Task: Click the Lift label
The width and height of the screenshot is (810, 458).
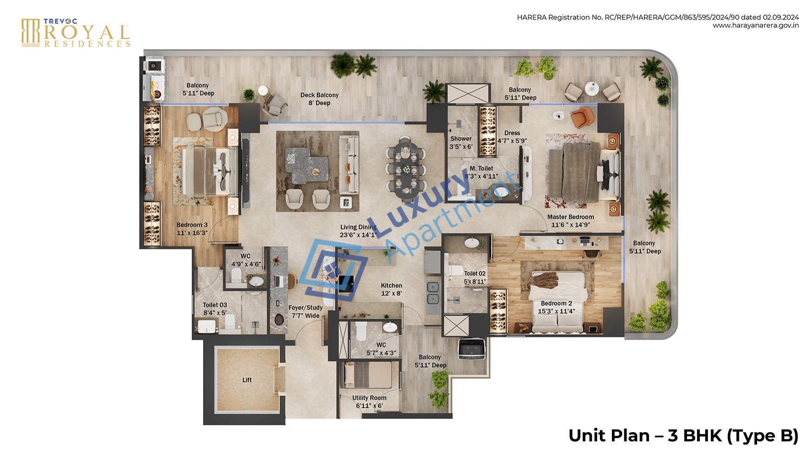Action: pyautogui.click(x=247, y=380)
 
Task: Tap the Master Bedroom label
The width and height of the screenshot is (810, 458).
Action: pyautogui.click(x=570, y=217)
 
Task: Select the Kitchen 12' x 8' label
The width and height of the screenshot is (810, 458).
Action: pyautogui.click(x=391, y=289)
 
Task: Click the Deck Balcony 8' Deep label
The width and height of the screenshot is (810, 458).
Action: pyautogui.click(x=319, y=99)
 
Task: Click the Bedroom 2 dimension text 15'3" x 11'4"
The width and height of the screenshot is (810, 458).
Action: pyautogui.click(x=556, y=311)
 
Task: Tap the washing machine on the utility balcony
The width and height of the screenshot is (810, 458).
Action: pyautogui.click(x=471, y=349)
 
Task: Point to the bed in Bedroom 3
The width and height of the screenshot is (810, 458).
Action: pyautogui.click(x=208, y=171)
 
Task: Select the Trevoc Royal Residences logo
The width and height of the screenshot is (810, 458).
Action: pyautogui.click(x=76, y=33)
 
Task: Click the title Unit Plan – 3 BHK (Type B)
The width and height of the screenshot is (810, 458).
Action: pyautogui.click(x=683, y=435)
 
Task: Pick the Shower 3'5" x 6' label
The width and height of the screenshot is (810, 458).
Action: pyautogui.click(x=461, y=143)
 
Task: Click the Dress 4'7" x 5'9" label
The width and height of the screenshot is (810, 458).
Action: pyautogui.click(x=512, y=137)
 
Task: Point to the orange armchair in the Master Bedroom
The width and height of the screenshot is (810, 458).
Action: pyautogui.click(x=581, y=117)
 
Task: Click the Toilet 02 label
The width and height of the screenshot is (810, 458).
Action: pyautogui.click(x=475, y=277)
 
